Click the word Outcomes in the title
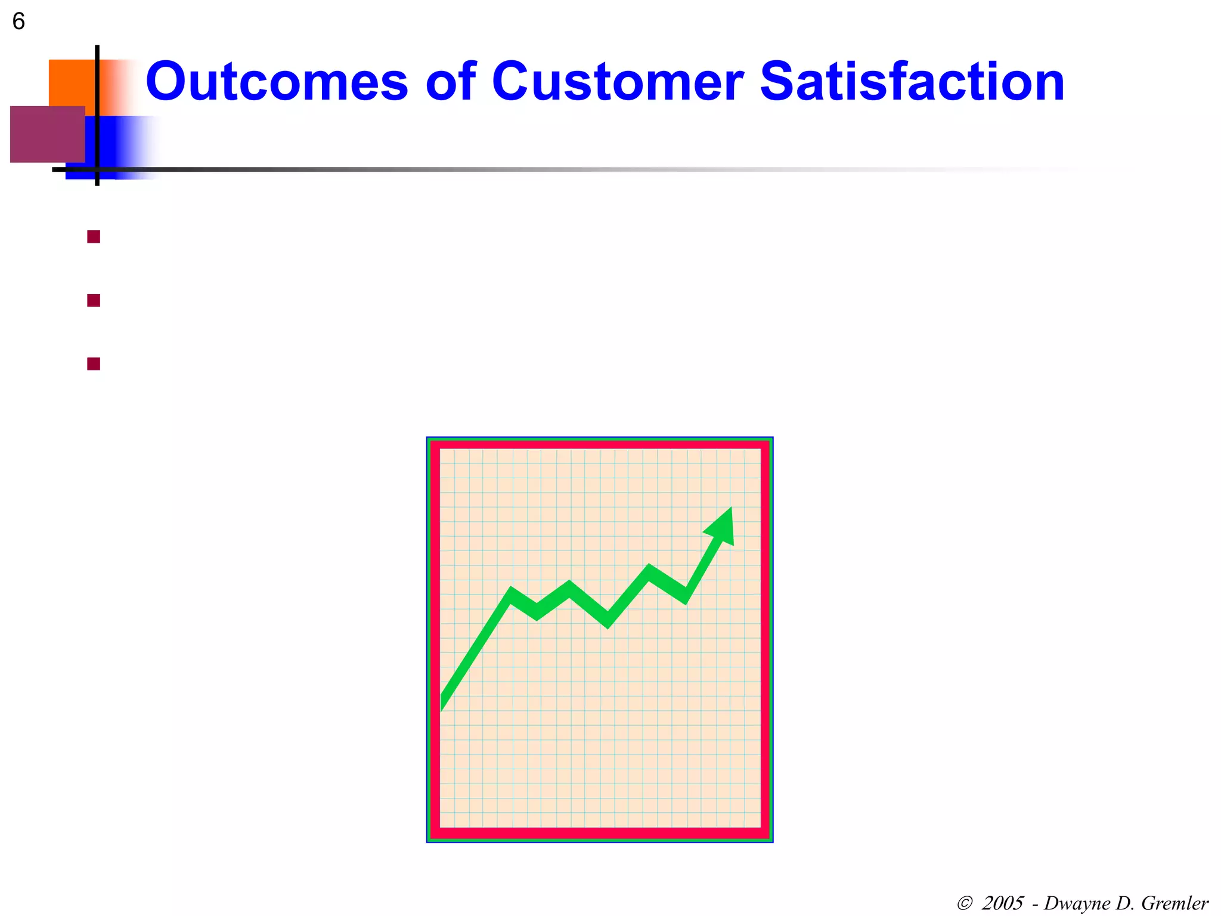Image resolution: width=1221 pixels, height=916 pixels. [277, 82]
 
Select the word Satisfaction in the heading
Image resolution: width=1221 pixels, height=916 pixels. [912, 82]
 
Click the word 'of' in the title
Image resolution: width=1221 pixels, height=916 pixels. [451, 82]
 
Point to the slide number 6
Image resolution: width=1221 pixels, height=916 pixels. [18, 22]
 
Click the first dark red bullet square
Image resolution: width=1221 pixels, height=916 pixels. [94, 237]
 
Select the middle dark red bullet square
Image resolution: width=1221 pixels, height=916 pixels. [94, 301]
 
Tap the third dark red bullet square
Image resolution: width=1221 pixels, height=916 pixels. [94, 364]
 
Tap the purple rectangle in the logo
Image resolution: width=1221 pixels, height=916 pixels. [47, 134]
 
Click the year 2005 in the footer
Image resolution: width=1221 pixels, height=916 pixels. [1002, 903]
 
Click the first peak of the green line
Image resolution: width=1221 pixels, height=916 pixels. [512, 593]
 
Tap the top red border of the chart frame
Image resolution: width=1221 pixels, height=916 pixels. [600, 445]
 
